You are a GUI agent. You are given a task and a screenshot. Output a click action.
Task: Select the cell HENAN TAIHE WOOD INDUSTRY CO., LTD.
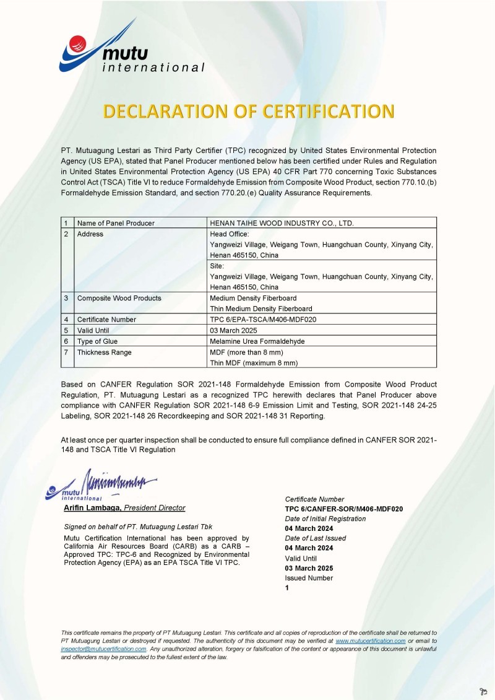point(282,223)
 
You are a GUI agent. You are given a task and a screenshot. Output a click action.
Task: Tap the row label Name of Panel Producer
point(116,223)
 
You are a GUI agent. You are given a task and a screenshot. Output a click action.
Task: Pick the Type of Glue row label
point(97,341)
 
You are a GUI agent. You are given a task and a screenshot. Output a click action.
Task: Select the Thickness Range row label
point(104,352)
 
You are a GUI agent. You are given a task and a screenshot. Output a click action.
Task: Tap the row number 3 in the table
point(66,298)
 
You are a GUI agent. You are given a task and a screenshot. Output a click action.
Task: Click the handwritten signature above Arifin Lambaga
point(118,480)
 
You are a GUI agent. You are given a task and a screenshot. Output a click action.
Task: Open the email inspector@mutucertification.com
point(103,649)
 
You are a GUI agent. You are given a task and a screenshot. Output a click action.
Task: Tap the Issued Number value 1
point(287,588)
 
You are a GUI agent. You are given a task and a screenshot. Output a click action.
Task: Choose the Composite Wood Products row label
point(119,298)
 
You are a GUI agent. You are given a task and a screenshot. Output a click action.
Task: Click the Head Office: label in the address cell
point(230,234)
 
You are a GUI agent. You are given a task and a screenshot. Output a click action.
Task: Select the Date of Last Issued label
point(316,538)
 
